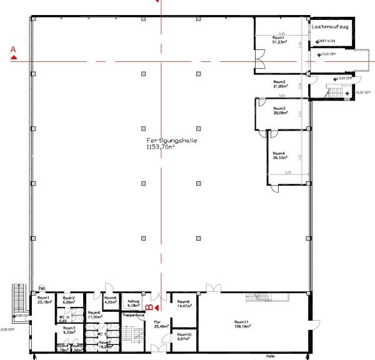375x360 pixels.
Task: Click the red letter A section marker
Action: (13, 48)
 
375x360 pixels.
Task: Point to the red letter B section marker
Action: (149, 307)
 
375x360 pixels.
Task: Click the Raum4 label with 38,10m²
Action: (279, 156)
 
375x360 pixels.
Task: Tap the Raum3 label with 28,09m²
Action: (279, 111)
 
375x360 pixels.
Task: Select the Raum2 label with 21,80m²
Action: (280, 84)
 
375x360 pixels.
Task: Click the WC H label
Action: (63, 318)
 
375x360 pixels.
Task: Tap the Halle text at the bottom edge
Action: (271, 356)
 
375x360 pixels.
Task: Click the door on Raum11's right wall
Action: (316, 325)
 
